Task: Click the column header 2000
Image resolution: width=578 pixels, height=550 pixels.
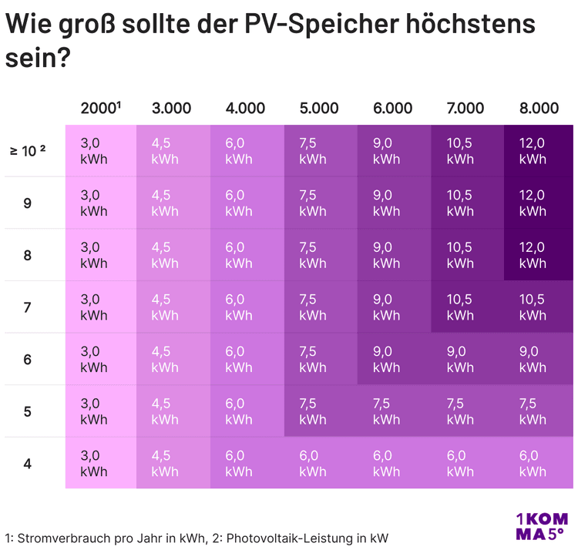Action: [x=100, y=108]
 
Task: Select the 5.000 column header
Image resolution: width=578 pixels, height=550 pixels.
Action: [x=319, y=109]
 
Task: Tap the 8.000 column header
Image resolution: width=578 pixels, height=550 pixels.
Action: [x=539, y=109]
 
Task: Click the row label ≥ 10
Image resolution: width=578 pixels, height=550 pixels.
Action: [x=28, y=151]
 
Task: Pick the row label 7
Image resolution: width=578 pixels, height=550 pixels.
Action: [x=27, y=307]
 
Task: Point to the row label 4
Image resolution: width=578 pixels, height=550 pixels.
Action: [x=27, y=464]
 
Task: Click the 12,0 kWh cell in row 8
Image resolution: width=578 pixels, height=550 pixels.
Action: [x=539, y=254]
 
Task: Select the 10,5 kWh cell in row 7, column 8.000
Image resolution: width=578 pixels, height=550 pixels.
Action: [x=539, y=307]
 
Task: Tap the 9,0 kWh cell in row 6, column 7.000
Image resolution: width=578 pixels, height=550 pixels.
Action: [x=468, y=359]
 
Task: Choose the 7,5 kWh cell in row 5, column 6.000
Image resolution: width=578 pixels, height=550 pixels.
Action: [x=394, y=411]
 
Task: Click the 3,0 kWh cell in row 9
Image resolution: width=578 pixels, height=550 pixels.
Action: [x=101, y=203]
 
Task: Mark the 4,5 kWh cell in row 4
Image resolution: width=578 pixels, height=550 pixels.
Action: [x=173, y=463]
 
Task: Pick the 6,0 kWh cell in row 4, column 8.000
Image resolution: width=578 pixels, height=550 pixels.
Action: [x=539, y=463]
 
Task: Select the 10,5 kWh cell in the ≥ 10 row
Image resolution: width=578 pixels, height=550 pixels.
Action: [x=468, y=151]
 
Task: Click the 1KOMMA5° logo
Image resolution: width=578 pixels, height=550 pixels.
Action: [x=542, y=526]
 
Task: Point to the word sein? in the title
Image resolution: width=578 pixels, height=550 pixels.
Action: [x=38, y=59]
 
